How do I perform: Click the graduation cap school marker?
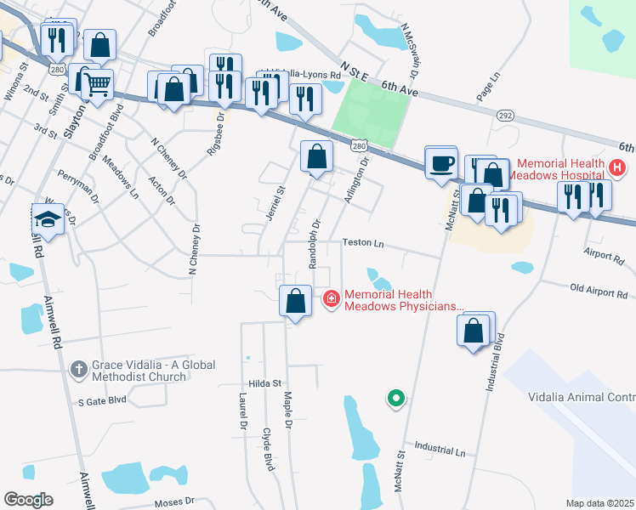[48, 219]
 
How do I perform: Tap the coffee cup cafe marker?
[441, 161]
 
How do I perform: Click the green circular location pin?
[395, 397]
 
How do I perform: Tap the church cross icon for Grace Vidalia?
[78, 370]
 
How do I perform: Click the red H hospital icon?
[618, 169]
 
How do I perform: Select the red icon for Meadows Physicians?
[330, 298]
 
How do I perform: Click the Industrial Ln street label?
[440, 449]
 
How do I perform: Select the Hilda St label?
[264, 384]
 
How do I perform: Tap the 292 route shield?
[507, 114]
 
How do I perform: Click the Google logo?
[29, 499]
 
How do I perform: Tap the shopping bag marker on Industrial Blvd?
[475, 330]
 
